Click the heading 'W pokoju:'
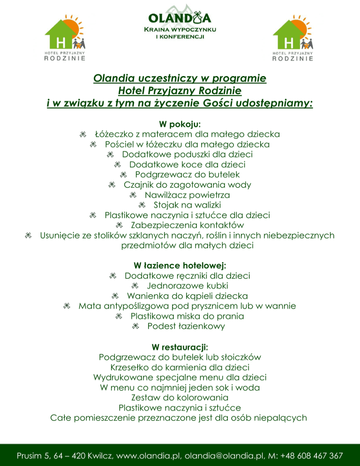click(x=180, y=124)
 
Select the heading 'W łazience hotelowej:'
click(x=180, y=265)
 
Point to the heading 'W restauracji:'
click(x=180, y=347)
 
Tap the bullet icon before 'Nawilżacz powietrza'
click(x=133, y=195)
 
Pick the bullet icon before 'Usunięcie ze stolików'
click(x=29, y=235)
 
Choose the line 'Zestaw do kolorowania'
click(x=180, y=398)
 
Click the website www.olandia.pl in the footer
click(x=144, y=455)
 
